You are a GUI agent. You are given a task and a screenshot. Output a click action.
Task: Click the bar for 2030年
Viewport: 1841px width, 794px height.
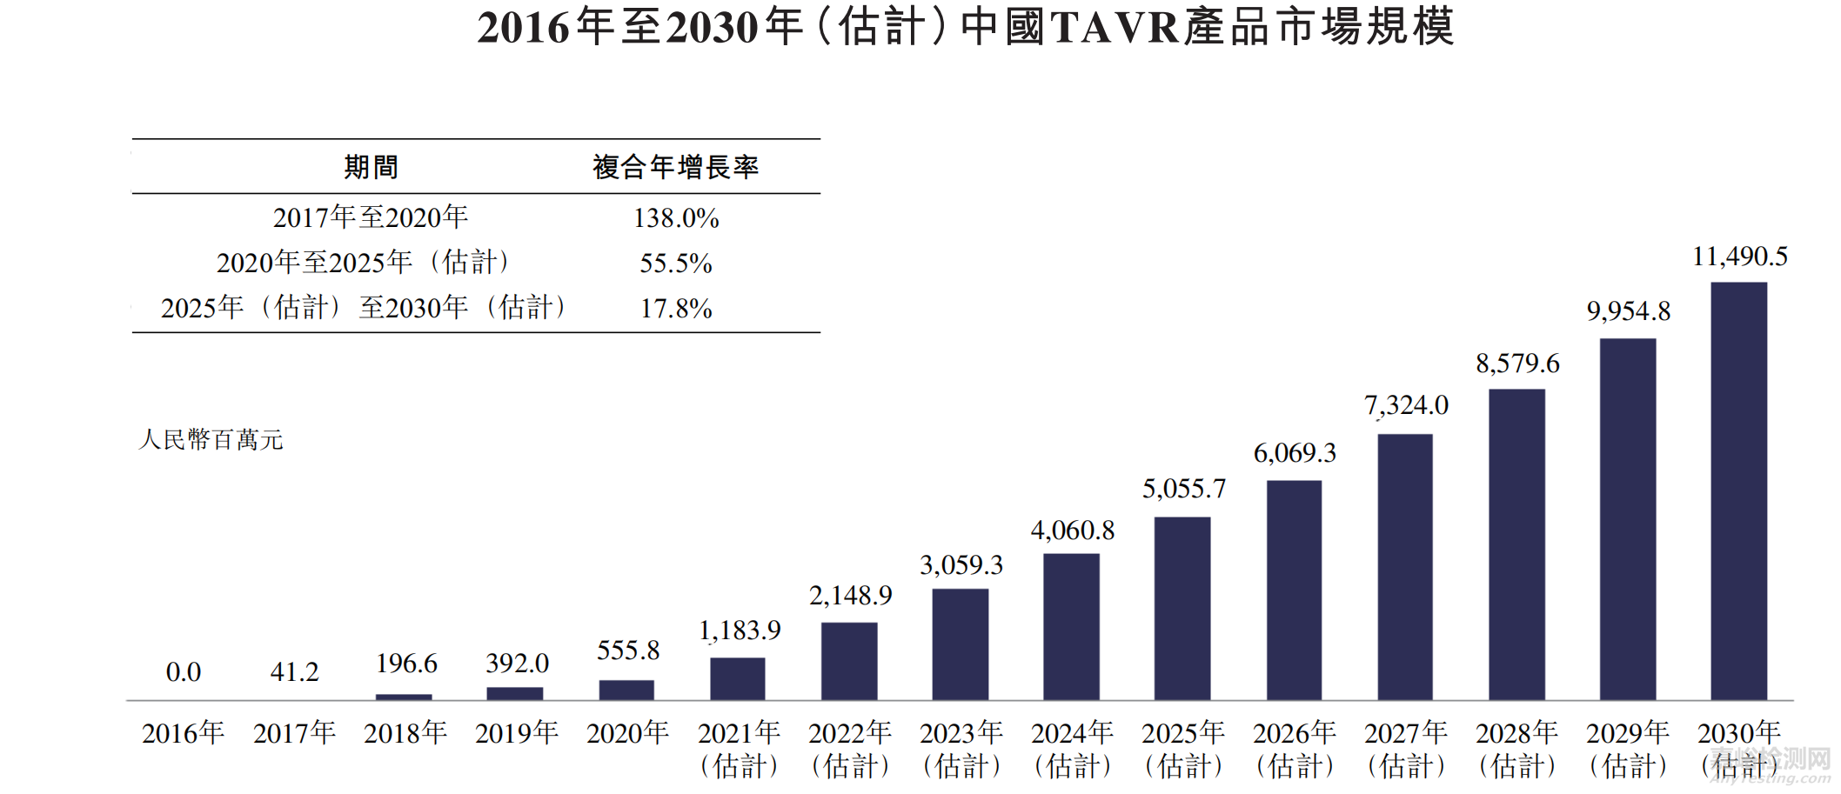1738,491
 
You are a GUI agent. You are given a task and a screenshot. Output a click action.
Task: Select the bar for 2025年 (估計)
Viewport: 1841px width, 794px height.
1182,609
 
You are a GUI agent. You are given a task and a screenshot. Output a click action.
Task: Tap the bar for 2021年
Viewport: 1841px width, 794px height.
737,679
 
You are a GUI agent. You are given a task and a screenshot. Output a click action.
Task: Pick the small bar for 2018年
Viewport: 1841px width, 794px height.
404,697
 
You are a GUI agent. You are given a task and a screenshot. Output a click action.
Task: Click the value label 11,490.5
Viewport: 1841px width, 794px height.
1739,257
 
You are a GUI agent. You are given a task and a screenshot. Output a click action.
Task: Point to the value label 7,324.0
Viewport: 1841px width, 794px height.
1406,405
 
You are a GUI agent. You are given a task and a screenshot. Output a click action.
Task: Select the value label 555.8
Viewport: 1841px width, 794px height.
627,651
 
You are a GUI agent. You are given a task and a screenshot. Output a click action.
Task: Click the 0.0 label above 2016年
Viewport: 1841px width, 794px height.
183,672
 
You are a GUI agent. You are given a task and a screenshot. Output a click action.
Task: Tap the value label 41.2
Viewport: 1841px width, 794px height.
294,672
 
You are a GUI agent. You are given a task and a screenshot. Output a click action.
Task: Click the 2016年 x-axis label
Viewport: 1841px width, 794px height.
183,733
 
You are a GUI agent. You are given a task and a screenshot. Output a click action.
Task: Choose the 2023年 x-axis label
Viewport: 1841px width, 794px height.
961,733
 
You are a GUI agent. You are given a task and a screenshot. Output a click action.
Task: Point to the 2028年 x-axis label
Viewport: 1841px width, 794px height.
1516,733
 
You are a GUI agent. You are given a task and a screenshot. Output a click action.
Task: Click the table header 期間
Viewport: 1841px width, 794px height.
371,167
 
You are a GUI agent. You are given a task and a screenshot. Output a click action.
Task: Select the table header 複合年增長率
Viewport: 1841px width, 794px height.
676,167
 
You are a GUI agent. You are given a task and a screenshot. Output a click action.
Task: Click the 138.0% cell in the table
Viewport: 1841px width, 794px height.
676,218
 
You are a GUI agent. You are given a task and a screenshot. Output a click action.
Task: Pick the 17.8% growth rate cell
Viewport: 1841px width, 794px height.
676,309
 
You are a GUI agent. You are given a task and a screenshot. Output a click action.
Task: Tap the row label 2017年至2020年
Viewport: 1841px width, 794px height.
371,217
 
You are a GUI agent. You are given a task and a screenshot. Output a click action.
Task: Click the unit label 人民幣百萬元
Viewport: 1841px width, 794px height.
211,440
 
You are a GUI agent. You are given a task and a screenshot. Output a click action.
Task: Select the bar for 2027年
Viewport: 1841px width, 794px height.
1404,567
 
